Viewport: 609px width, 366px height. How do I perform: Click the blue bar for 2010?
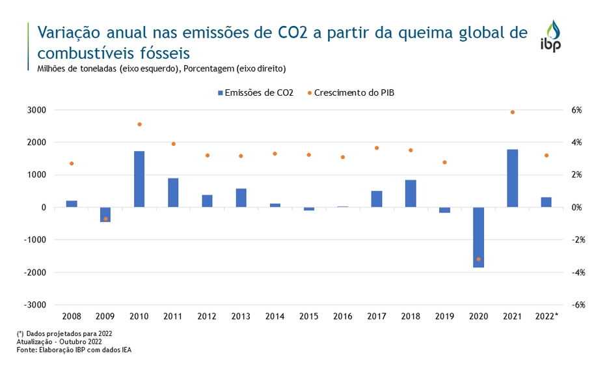(x=139, y=179)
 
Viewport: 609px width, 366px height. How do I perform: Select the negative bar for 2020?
(x=478, y=237)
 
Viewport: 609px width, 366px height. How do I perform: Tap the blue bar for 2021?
(x=512, y=178)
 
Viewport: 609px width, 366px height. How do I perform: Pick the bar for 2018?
(x=411, y=193)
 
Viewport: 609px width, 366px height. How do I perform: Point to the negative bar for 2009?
(x=105, y=214)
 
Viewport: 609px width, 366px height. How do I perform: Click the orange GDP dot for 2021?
(x=512, y=112)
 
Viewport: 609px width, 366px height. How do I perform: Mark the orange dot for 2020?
(x=478, y=259)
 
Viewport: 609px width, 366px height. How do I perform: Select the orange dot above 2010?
(x=139, y=124)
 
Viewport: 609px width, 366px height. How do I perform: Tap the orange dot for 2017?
(x=377, y=148)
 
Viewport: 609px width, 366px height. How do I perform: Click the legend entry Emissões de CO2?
(x=255, y=93)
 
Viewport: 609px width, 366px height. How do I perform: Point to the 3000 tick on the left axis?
(x=36, y=110)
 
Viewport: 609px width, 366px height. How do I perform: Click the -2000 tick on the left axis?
(x=35, y=272)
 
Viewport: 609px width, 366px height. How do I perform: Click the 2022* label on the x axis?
(x=547, y=317)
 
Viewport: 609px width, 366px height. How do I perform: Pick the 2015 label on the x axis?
(x=309, y=317)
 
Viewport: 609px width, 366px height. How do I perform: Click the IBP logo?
(x=550, y=36)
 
